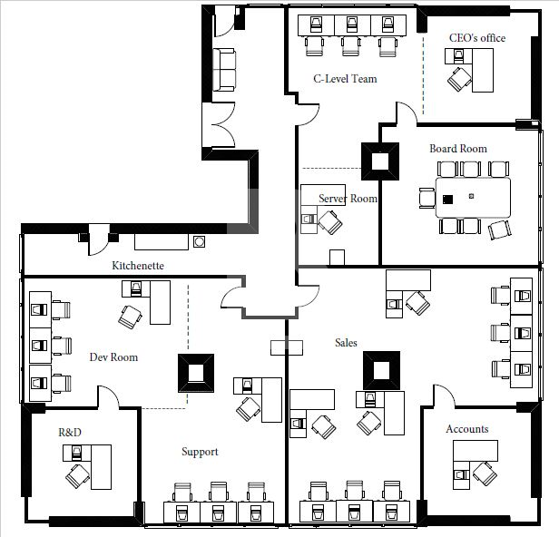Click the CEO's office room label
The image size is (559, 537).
coord(477,38)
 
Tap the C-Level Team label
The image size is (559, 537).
coord(345,79)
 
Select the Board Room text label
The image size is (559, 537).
coord(458,149)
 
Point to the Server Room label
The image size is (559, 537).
coord(348,199)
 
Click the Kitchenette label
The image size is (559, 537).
coord(138,266)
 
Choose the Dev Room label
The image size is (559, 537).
coord(113,357)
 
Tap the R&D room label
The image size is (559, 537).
coord(70,433)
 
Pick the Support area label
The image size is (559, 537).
coord(200,452)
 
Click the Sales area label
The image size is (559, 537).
coord(346,343)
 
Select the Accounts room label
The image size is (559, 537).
coord(467,429)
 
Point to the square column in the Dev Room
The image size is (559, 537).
coord(195,372)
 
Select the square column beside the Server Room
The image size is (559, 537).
coord(379,161)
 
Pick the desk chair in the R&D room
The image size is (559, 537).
coord(77,473)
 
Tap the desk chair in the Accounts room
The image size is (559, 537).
coord(484,473)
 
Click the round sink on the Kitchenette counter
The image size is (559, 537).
coord(199,241)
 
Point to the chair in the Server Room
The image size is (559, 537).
coord(330,220)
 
